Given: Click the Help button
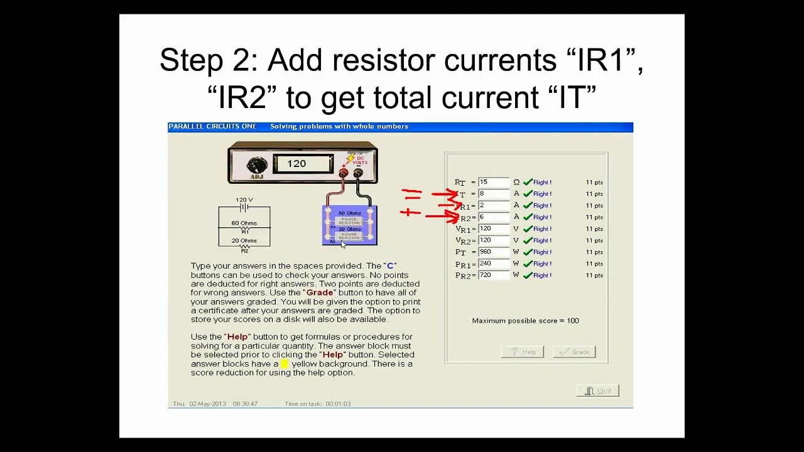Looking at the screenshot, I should pyautogui.click(x=523, y=352).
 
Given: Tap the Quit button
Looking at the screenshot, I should pyautogui.click(x=598, y=391).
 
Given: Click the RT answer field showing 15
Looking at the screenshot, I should pyautogui.click(x=493, y=182).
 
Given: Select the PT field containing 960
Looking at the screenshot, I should pyautogui.click(x=493, y=252).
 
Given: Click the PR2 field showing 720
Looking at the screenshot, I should pyautogui.click(x=493, y=275).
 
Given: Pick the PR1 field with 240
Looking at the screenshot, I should pyautogui.click(x=493, y=264).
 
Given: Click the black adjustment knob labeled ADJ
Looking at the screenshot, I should pyautogui.click(x=256, y=166).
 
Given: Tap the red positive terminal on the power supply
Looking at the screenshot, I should pyautogui.click(x=344, y=173).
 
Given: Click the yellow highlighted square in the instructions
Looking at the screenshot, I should pyautogui.click(x=285, y=363).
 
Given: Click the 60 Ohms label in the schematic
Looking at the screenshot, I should pyautogui.click(x=244, y=223).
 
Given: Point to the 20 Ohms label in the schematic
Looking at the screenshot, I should pyautogui.click(x=244, y=240).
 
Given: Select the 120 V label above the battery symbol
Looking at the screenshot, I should pyautogui.click(x=244, y=200).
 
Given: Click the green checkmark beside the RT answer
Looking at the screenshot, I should pyautogui.click(x=528, y=182).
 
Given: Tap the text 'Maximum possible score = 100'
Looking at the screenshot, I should pyautogui.click(x=525, y=321).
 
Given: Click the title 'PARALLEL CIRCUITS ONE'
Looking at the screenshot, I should pyautogui.click(x=212, y=127).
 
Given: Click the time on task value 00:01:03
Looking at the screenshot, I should pyautogui.click(x=338, y=404).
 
